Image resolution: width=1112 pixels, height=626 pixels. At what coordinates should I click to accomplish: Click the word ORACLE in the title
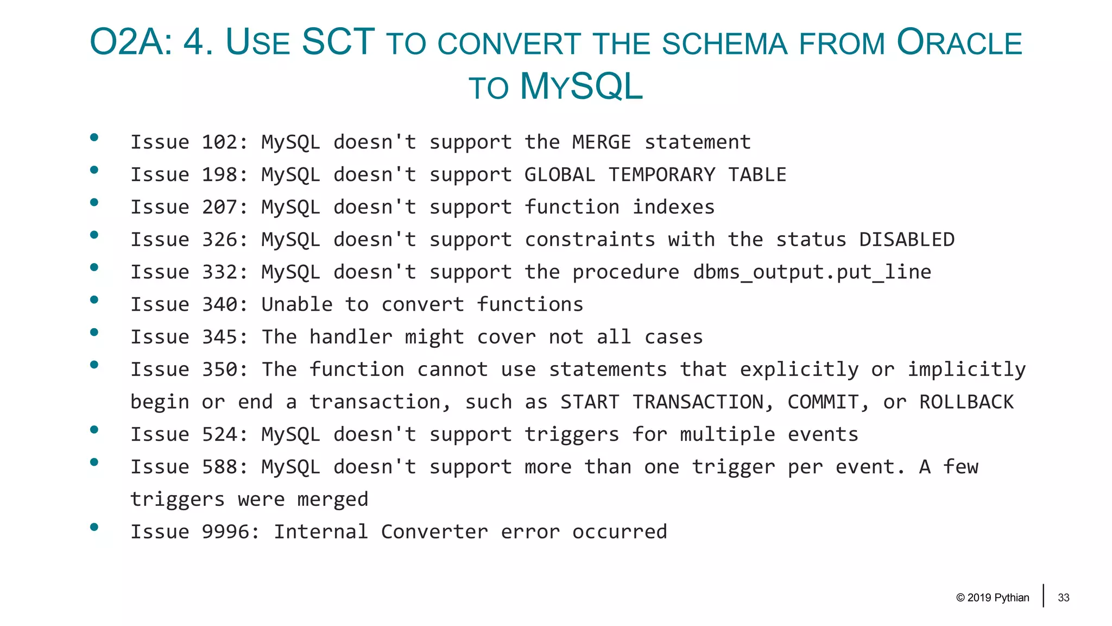point(959,42)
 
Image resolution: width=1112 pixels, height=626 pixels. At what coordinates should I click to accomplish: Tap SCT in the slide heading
point(338,42)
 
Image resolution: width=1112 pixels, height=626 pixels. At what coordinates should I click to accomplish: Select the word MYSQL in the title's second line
point(581,86)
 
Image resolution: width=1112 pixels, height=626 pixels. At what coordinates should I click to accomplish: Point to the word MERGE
point(602,142)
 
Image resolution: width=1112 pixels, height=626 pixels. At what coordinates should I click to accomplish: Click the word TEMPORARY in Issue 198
point(661,175)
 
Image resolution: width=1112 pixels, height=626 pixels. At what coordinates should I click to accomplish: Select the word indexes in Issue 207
point(673,207)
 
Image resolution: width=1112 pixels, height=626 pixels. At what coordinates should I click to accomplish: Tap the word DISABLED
point(906,240)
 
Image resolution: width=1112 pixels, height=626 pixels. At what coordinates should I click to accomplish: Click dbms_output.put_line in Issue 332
point(812,272)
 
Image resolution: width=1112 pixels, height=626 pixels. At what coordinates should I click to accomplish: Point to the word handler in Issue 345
point(351,337)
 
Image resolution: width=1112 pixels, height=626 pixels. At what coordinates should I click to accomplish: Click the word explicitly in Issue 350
point(799,370)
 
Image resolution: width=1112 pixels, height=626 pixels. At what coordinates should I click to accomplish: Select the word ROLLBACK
point(966,402)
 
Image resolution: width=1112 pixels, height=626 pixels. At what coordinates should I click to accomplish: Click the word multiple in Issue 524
point(727,435)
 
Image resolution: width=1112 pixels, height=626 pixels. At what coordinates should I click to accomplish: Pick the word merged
point(333,499)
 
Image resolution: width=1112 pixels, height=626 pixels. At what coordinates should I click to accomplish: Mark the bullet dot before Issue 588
point(94,462)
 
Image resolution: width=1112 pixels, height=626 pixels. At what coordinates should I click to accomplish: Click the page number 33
point(1063,598)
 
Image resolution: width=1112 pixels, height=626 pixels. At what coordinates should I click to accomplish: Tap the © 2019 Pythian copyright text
point(993,598)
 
